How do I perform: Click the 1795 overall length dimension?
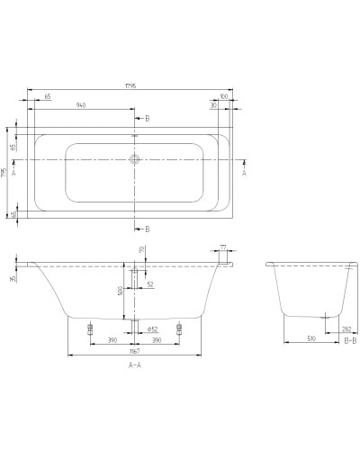click(134, 87)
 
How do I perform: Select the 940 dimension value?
click(80, 105)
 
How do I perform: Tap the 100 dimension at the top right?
click(222, 94)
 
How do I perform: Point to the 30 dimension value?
click(213, 105)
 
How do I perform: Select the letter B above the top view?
click(148, 118)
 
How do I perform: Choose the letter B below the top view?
click(148, 229)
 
